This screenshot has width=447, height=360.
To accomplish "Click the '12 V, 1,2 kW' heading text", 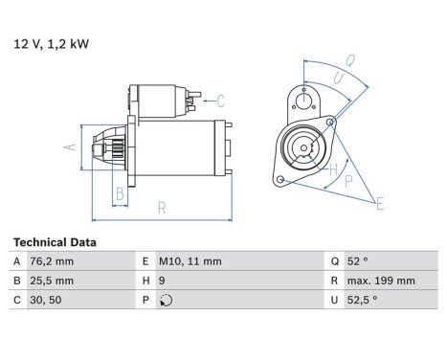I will (45, 43).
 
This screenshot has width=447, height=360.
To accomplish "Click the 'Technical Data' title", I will (54, 243).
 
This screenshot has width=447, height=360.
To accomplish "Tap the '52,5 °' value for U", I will (360, 299).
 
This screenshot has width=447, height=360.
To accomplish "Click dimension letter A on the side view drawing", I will (68, 146).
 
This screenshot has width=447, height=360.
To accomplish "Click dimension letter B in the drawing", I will (121, 195).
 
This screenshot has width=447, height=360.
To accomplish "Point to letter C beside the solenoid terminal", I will (220, 101).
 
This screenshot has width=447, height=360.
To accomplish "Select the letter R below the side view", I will (162, 207).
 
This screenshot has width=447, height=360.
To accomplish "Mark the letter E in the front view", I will (381, 202).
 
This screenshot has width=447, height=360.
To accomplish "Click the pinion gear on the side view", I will (104, 147).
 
